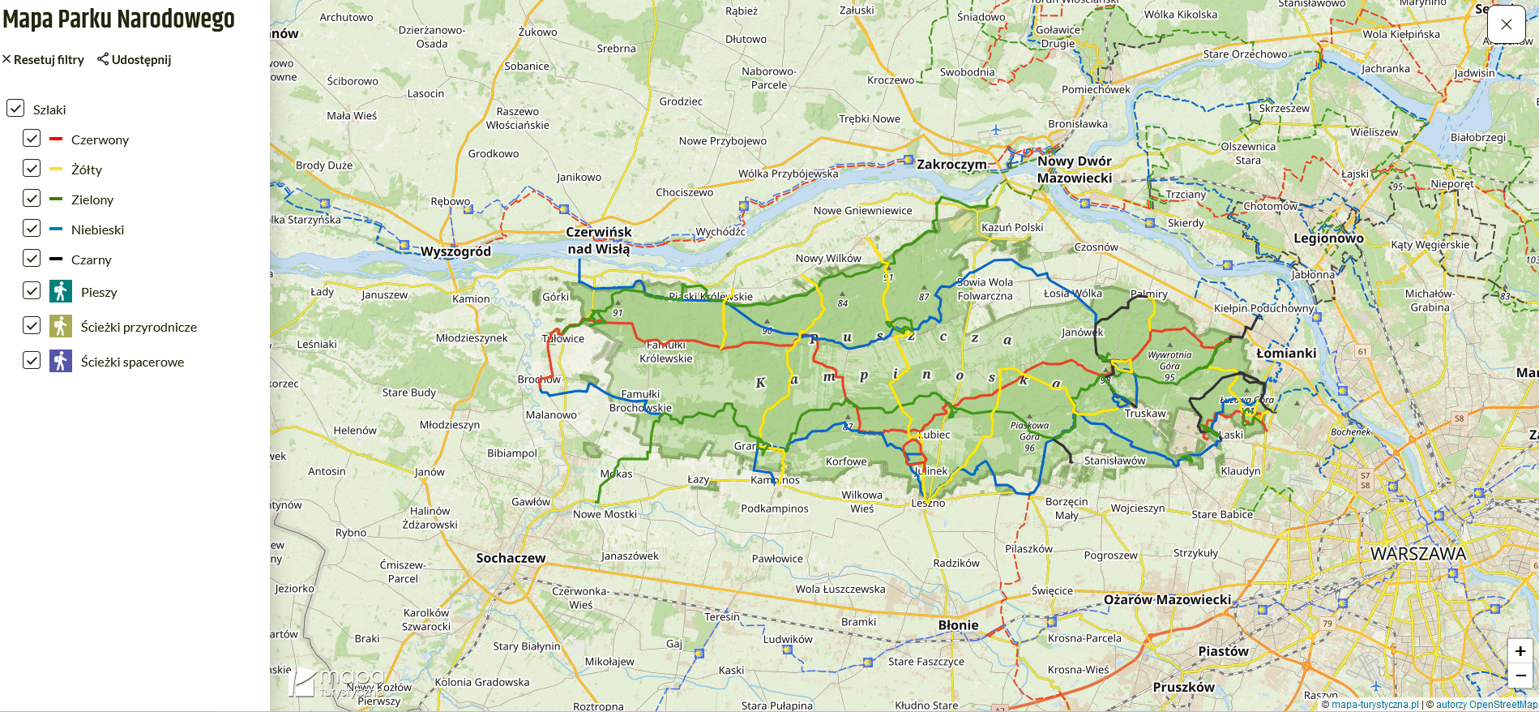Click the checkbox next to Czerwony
(x=32, y=139)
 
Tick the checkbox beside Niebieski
(x=32, y=229)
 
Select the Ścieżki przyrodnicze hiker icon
(x=61, y=326)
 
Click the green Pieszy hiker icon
(x=61, y=291)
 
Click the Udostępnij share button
(x=135, y=59)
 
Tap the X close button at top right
(x=1506, y=24)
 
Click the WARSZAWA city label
(x=1417, y=554)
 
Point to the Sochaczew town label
(x=511, y=558)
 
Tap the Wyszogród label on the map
(x=455, y=251)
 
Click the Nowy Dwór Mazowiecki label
(x=1075, y=169)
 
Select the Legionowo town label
(x=1328, y=238)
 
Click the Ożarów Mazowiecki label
(x=1167, y=599)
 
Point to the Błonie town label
(x=958, y=625)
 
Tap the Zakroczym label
(x=951, y=165)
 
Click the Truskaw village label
(x=1145, y=414)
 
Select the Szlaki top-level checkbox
(x=15, y=108)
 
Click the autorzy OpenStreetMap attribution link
(x=1486, y=705)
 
